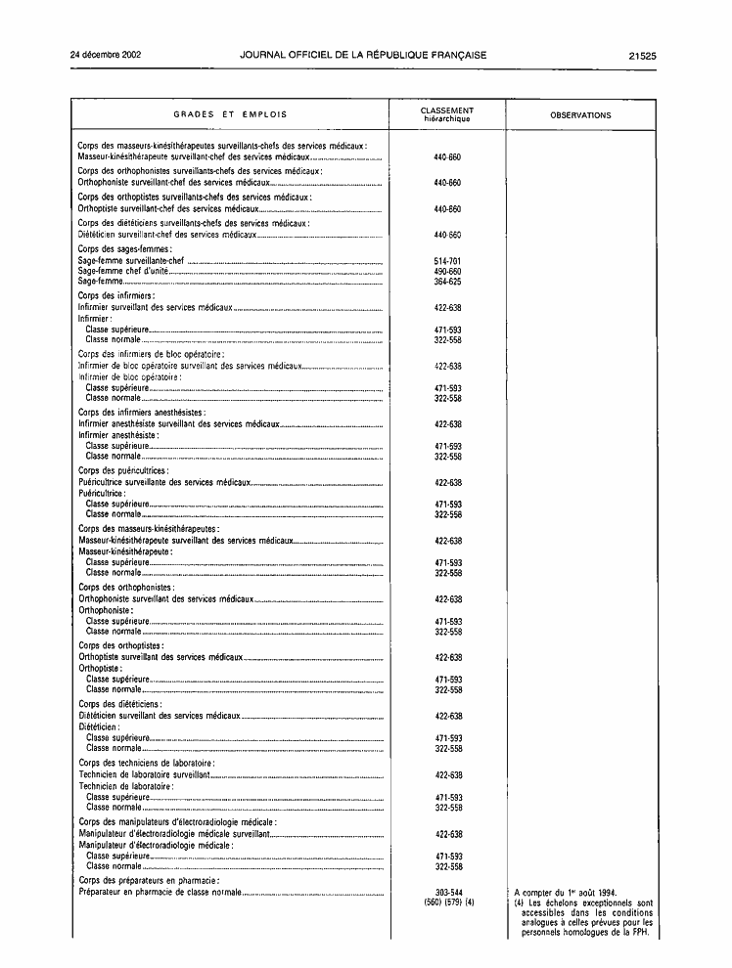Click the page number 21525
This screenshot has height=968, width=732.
[x=642, y=56]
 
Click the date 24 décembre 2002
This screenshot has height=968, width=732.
[x=107, y=56]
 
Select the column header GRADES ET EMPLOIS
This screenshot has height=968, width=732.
[x=231, y=115]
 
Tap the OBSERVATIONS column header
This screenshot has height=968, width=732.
[x=580, y=115]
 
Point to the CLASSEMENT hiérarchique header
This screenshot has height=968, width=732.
[x=447, y=115]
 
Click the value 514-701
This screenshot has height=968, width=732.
[x=447, y=262]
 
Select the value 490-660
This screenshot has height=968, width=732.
[x=447, y=272]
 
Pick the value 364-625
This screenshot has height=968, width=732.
[x=447, y=282]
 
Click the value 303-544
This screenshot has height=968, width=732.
[x=447, y=892]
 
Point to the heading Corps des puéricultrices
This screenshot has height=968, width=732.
[x=123, y=471]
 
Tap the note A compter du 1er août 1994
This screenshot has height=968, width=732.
[x=565, y=892]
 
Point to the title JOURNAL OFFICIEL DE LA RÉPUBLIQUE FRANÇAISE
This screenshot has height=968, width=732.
[x=363, y=56]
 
